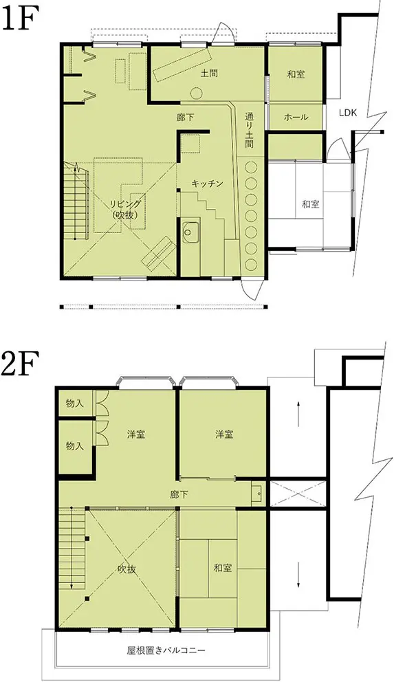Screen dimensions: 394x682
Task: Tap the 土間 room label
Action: click(209, 73)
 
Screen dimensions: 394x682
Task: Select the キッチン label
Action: click(208, 184)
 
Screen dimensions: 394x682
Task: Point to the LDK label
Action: click(348, 113)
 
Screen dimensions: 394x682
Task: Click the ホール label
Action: click(296, 117)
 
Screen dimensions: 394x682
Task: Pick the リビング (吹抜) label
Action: click(125, 209)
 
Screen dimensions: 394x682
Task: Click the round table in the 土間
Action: click(196, 93)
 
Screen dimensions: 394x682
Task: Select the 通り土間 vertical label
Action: click(249, 131)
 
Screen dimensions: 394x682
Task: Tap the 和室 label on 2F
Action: click(223, 568)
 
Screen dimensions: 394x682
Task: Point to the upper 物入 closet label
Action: click(74, 403)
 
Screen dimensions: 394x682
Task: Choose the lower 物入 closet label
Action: click(74, 445)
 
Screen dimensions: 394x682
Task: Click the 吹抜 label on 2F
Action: click(126, 570)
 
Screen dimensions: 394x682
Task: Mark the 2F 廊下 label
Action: click(179, 494)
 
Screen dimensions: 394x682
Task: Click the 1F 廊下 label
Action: click(186, 118)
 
